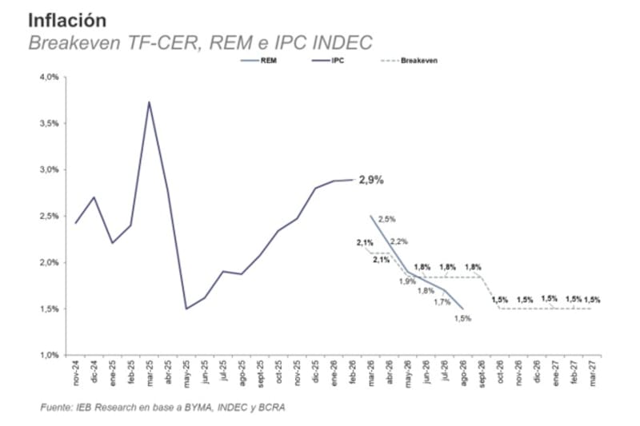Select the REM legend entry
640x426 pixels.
(268, 60)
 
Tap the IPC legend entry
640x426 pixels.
(337, 60)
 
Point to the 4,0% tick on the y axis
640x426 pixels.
(50, 78)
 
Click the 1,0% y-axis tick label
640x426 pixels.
(50, 355)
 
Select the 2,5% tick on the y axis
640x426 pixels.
(50, 217)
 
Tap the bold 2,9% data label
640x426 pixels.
(370, 180)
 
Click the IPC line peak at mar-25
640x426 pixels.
(149, 102)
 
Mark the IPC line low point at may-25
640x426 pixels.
(186, 309)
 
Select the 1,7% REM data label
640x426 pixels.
(442, 302)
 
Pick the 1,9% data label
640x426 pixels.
(408, 281)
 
